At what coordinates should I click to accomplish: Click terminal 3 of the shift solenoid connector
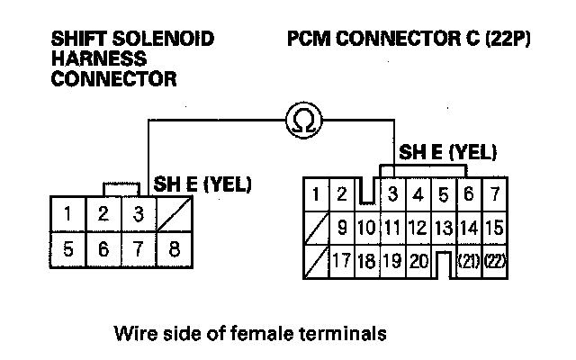point(138,214)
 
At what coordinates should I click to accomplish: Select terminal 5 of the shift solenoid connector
point(68,247)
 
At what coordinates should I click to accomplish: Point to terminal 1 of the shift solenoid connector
point(68,214)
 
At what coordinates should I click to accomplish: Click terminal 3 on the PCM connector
point(394,193)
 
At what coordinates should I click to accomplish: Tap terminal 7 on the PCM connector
point(495,193)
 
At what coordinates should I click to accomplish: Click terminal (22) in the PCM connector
point(495,263)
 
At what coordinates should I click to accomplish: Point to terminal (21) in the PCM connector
point(469,263)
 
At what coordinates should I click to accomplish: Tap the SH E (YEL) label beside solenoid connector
point(202,184)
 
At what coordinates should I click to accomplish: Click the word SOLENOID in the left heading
point(170,40)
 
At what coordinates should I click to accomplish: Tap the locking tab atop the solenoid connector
point(121,190)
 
